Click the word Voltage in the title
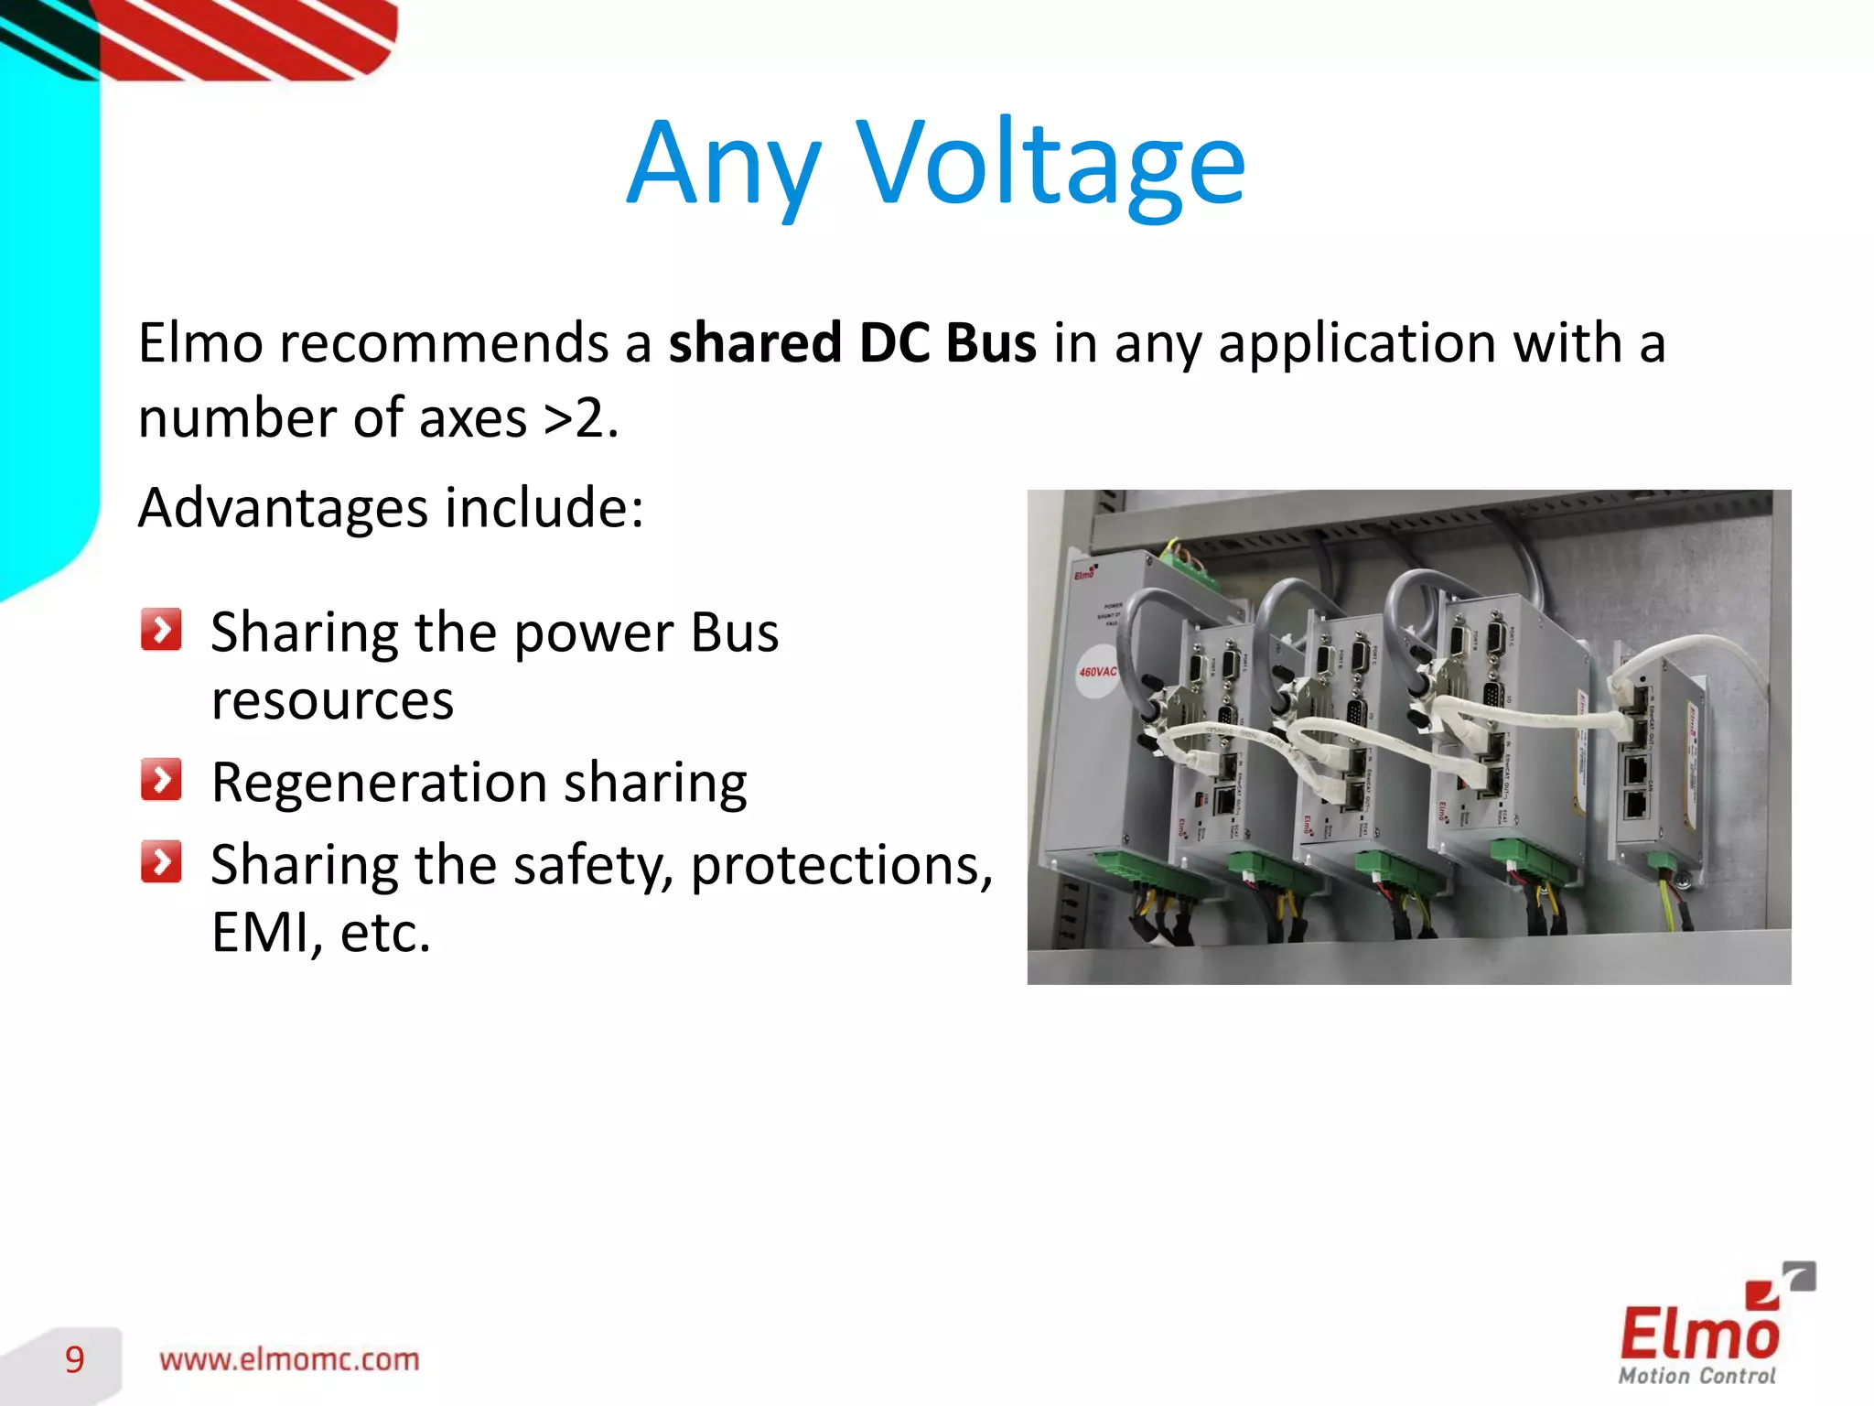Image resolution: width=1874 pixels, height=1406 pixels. coord(1052,165)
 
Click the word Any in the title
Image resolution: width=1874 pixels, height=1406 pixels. coord(723,165)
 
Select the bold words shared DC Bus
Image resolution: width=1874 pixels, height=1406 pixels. coord(852,342)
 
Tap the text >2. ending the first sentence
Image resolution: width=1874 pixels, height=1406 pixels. coord(581,418)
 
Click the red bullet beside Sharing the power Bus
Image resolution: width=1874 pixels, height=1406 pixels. coord(161,630)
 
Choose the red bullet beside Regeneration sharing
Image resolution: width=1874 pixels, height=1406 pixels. coord(161,780)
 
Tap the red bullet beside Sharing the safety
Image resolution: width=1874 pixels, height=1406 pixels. coord(161,861)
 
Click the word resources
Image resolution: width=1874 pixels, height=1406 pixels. coord(332,700)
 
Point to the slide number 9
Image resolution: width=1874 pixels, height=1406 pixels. coord(75,1359)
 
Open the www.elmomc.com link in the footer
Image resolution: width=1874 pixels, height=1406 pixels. coord(289,1359)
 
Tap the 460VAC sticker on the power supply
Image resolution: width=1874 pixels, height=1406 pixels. coord(1097,672)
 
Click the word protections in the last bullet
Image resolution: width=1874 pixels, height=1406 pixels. coord(842,864)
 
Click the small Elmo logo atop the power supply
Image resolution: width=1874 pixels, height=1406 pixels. coord(1085,572)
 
